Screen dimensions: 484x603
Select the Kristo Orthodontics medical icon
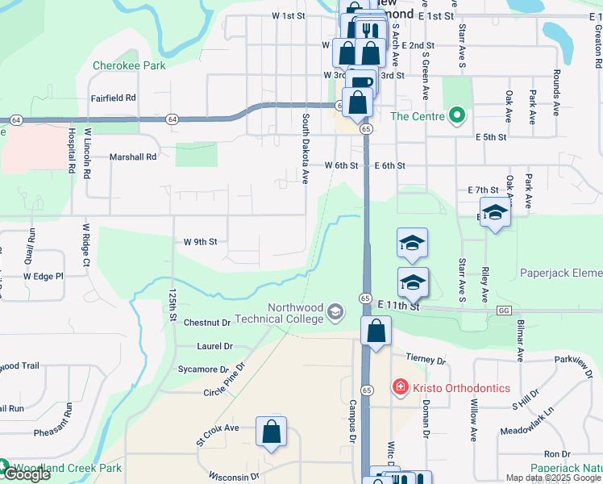(399, 388)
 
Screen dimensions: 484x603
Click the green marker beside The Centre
(457, 115)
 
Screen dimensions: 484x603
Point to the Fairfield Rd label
(113, 98)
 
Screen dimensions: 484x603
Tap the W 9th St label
(200, 241)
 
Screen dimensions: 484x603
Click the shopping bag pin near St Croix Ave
(272, 432)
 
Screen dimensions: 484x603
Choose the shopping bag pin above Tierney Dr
(376, 331)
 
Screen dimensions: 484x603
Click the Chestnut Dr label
(207, 323)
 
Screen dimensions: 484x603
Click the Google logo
(26, 475)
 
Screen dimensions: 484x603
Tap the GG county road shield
(505, 310)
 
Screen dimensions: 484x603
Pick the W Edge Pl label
(43, 277)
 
